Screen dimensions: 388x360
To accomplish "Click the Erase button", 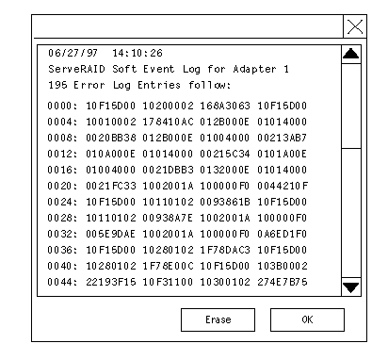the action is click(218, 319).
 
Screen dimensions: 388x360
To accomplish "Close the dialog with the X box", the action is click(355, 26).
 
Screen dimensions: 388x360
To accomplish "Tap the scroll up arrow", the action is click(351, 55).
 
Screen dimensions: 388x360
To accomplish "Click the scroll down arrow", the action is click(351, 286).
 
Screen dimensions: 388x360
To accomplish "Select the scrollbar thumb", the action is click(351, 106).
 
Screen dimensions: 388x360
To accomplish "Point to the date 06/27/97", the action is click(73, 53).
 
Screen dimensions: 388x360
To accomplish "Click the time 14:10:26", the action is click(137, 53).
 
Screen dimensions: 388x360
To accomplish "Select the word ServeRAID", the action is click(76, 69).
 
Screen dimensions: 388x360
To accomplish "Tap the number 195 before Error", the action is click(57, 85).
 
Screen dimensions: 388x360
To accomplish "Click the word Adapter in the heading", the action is click(255, 69).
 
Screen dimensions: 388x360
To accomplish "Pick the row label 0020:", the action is click(62, 186).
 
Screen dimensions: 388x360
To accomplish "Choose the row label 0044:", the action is click(62, 282).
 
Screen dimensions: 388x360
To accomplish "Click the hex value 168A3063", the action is click(225, 106).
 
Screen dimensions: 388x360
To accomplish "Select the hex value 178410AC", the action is click(168, 122).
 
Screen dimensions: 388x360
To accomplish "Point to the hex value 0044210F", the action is click(283, 186).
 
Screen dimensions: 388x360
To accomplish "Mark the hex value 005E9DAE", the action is click(111, 234).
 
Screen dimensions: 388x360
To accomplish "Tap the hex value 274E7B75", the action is click(283, 282).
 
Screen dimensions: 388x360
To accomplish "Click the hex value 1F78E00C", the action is click(168, 266).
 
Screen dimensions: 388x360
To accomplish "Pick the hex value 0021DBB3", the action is click(168, 170).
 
